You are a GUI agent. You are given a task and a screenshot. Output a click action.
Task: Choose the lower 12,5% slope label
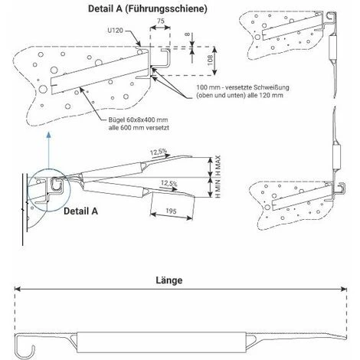(171, 185)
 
